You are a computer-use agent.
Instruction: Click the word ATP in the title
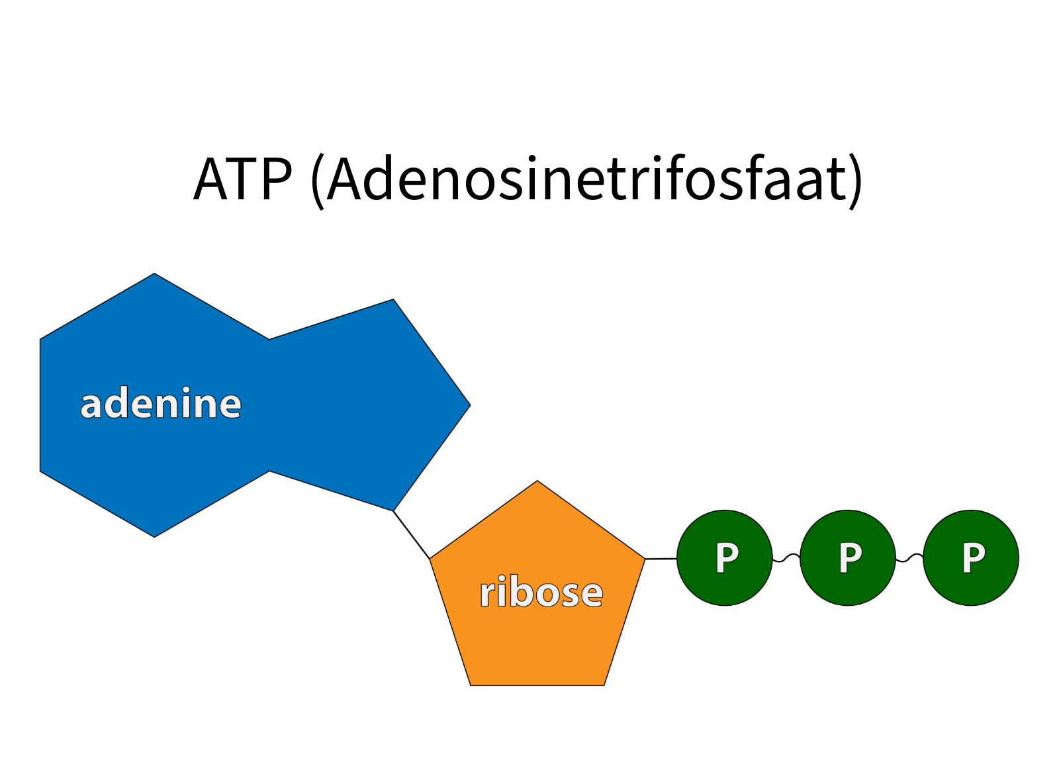[x=242, y=179]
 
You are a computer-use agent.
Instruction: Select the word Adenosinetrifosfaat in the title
[x=586, y=179]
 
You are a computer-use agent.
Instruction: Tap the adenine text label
[x=161, y=404]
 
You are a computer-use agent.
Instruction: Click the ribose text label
[x=541, y=592]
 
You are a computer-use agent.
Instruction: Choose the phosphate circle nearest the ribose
[x=725, y=558]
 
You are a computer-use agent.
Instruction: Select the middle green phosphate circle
[x=848, y=558]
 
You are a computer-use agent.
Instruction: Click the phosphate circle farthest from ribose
[x=971, y=558]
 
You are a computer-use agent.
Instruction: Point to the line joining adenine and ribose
[x=412, y=534]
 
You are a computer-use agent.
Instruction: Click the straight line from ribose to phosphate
[x=661, y=559]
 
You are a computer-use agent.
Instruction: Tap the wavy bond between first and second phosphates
[x=786, y=558]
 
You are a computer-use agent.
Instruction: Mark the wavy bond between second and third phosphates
[x=909, y=558]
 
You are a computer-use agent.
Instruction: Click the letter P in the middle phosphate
[x=850, y=558]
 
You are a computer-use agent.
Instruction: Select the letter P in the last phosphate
[x=973, y=558]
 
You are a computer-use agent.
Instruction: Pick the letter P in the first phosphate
[x=727, y=558]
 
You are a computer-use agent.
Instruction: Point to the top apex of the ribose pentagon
[x=537, y=483]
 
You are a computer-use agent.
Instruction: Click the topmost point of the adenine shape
[x=154, y=275]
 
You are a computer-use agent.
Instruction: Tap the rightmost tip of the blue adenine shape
[x=468, y=405]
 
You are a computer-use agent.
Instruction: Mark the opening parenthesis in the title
[x=318, y=180]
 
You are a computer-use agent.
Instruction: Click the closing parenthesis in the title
[x=856, y=180]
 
